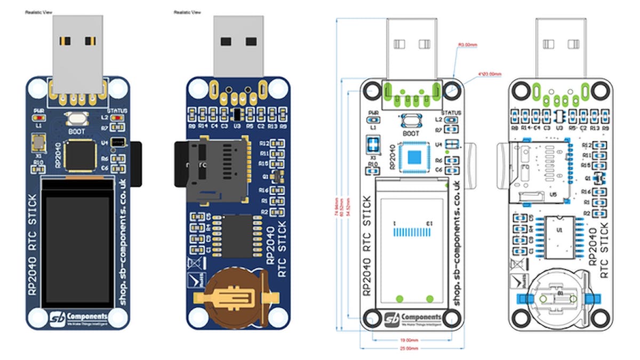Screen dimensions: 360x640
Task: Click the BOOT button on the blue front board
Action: click(x=75, y=119)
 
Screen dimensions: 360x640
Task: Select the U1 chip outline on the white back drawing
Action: click(x=558, y=235)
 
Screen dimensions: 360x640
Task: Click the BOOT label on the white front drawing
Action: click(x=411, y=133)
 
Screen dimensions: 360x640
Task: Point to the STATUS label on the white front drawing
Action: click(x=451, y=113)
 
